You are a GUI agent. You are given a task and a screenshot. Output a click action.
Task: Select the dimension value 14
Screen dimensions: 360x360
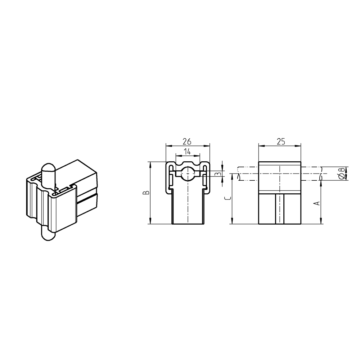pos(187,152)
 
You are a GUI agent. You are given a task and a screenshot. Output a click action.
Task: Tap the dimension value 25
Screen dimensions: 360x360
pos(280,141)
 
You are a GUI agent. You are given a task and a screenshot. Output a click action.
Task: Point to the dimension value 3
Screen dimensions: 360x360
pos(217,174)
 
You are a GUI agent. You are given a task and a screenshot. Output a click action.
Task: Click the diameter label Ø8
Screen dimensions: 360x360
pos(340,173)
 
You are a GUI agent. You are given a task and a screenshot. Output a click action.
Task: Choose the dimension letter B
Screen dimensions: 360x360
pos(145,193)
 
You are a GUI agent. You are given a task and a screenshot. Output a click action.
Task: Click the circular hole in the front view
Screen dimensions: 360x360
pos(188,174)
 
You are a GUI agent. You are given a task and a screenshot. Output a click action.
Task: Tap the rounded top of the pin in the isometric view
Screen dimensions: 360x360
pos(48,168)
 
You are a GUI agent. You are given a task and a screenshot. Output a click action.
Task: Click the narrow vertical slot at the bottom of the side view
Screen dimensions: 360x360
pos(279,209)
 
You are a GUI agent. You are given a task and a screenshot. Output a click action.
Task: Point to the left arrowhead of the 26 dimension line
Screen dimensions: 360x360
pos(168,145)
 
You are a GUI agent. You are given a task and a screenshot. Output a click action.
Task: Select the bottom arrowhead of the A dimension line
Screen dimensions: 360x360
pos(321,221)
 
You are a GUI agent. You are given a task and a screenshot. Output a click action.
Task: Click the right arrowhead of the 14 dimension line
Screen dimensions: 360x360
pos(197,156)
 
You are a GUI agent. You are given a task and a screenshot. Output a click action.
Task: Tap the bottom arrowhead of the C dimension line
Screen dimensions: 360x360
pos(232,221)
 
